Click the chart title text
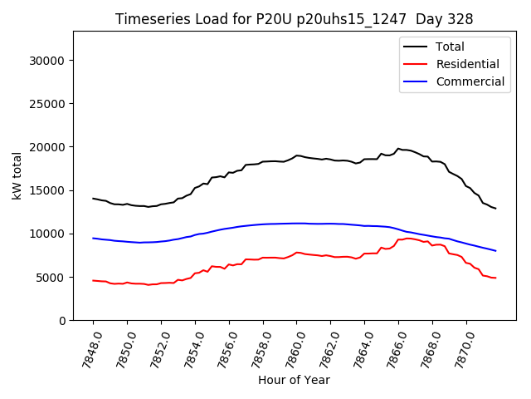(293, 19)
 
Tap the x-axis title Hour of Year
(293, 380)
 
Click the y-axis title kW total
(17, 175)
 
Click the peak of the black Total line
(398, 149)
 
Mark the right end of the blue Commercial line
(496, 251)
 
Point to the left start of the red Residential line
(93, 280)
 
